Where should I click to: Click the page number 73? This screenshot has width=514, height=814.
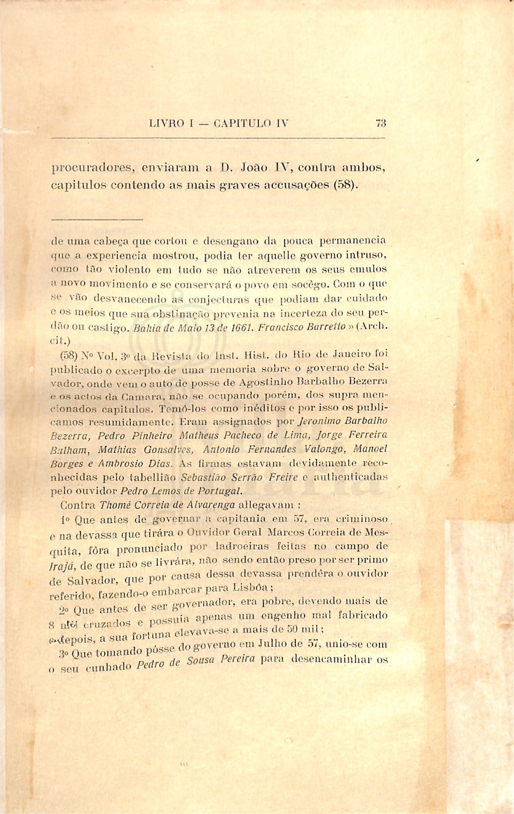coord(381,123)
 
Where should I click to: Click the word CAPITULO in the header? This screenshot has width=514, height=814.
coord(242,123)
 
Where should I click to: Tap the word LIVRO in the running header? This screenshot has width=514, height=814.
coord(167,123)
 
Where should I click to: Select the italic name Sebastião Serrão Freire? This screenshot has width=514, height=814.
coord(239,477)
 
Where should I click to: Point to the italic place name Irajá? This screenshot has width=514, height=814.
coord(62,566)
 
